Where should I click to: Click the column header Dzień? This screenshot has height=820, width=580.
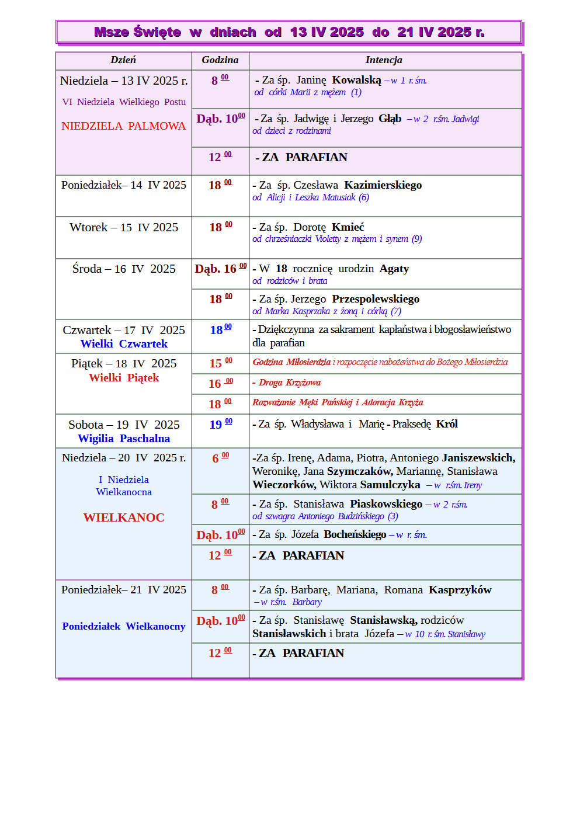123,60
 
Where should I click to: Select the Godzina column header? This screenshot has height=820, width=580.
220,60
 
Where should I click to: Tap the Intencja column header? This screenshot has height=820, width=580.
384,60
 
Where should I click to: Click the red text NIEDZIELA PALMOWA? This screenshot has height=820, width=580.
123,126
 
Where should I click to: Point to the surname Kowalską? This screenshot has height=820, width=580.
356,81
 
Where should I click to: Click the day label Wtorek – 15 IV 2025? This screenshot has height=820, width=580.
124,228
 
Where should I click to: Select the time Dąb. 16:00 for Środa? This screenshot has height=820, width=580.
220,269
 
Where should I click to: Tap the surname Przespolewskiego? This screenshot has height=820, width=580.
376,299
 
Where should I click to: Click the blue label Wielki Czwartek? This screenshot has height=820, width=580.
124,344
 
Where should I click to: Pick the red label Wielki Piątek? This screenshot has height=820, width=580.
124,378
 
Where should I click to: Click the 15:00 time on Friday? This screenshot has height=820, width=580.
220,363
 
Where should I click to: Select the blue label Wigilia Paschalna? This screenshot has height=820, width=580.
124,439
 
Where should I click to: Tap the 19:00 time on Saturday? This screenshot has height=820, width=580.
220,425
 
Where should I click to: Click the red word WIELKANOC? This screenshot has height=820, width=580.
124,517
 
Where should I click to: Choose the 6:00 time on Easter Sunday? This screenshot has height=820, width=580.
220,458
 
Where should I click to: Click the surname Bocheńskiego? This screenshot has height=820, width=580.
355,534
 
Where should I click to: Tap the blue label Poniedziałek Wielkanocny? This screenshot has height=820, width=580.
124,626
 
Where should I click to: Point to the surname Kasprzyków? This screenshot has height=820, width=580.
460,590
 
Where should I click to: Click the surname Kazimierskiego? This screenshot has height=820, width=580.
383,185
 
